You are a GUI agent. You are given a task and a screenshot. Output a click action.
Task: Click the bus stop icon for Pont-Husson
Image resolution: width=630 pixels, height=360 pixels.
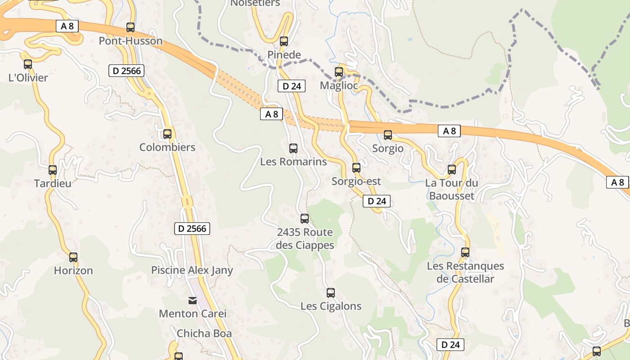pyautogui.click(x=130, y=27)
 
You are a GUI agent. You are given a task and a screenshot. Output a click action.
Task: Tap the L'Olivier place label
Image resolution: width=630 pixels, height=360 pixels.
pyautogui.click(x=28, y=77)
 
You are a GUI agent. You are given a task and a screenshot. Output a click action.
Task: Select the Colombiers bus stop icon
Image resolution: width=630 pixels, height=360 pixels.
pyautogui.click(x=167, y=134)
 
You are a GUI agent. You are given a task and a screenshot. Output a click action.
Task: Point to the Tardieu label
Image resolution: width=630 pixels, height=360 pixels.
pyautogui.click(x=53, y=183)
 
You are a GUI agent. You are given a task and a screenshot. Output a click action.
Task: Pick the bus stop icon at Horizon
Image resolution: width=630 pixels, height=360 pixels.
pyautogui.click(x=73, y=257)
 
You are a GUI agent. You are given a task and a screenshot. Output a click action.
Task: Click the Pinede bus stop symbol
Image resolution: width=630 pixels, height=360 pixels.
pyautogui.click(x=284, y=41)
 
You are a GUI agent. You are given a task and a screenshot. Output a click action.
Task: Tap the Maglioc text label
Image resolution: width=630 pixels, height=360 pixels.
pyautogui.click(x=339, y=85)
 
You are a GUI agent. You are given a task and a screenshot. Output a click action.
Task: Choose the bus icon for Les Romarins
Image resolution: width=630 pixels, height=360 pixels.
pyautogui.click(x=293, y=148)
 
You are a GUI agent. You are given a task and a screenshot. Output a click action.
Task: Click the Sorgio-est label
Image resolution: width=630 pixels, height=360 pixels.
pyautogui.click(x=356, y=181)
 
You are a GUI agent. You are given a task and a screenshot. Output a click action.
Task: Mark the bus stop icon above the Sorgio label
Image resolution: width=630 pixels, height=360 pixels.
pyautogui.click(x=388, y=135)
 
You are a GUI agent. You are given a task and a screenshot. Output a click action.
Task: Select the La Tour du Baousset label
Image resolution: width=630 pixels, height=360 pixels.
pyautogui.click(x=451, y=189)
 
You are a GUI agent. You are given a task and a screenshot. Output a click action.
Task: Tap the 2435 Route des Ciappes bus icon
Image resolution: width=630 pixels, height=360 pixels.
pyautogui.click(x=305, y=219)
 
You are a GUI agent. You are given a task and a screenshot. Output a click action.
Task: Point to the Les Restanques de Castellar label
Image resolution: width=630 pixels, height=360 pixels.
pyautogui.click(x=465, y=272)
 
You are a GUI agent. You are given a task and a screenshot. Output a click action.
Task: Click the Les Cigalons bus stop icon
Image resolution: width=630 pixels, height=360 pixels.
pyautogui.click(x=331, y=293)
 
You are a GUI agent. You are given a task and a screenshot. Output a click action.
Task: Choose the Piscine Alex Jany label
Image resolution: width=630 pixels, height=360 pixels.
pyautogui.click(x=192, y=270)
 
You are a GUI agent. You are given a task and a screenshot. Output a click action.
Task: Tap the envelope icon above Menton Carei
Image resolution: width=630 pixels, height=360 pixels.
pyautogui.click(x=192, y=300)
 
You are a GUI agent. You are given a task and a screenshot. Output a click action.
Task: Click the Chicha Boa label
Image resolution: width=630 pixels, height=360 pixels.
pyautogui.click(x=204, y=333)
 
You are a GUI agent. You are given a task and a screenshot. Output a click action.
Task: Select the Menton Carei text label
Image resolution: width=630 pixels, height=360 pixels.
pyautogui.click(x=193, y=313)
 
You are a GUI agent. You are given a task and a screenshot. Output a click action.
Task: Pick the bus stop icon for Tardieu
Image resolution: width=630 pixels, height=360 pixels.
pyautogui.click(x=53, y=170)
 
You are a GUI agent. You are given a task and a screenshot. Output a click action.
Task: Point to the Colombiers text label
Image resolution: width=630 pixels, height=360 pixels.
pyautogui.click(x=167, y=147)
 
